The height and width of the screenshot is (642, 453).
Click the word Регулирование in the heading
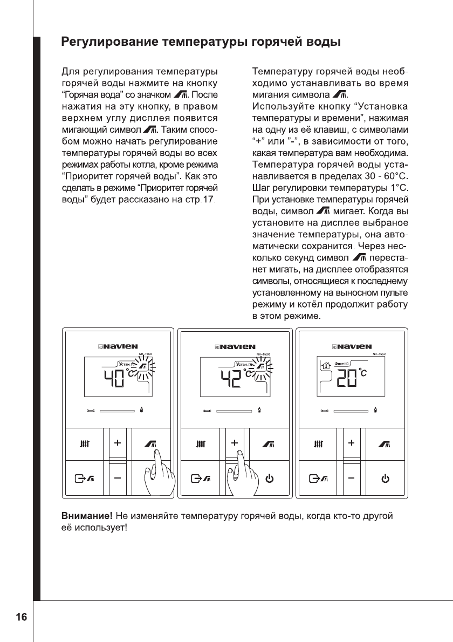[x=103, y=42]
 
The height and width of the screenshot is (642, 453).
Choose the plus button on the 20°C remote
[x=352, y=443]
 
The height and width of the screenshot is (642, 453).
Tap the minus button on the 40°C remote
[x=117, y=478]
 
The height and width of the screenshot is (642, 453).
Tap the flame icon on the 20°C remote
[x=375, y=411]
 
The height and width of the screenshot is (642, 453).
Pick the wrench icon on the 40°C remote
[x=90, y=412]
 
